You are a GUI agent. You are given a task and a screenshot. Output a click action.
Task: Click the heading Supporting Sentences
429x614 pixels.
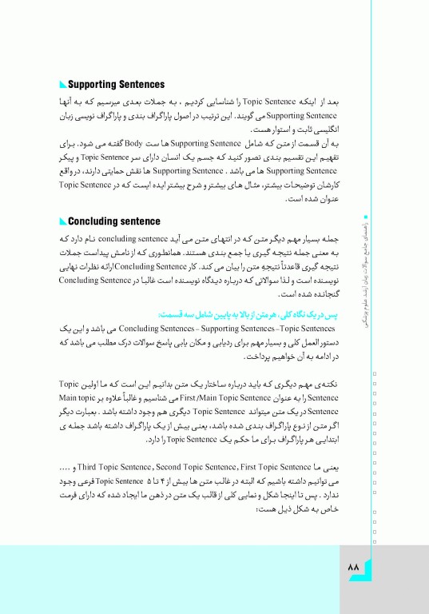[117, 84]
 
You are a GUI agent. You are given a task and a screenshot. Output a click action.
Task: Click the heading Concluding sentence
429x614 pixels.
[114, 221]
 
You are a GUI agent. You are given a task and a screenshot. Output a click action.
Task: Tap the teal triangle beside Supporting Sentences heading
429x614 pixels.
[63, 85]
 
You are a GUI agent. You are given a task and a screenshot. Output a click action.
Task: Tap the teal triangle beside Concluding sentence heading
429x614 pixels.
[63, 221]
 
